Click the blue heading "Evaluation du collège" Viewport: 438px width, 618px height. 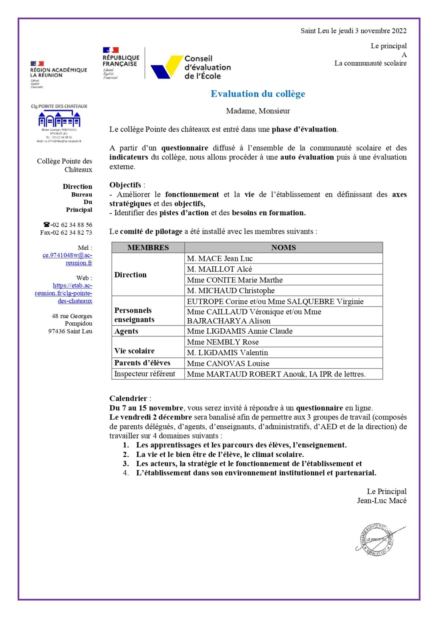click(257, 94)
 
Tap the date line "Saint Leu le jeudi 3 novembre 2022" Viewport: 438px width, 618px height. click(353, 31)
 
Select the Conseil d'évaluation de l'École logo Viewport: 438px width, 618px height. click(191, 67)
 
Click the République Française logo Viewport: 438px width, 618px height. click(120, 63)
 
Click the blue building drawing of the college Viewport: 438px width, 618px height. click(59, 119)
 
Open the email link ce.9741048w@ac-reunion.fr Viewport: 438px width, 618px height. click(67, 259)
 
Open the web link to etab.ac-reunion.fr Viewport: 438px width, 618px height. click(64, 293)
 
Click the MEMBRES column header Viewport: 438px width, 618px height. click(148, 247)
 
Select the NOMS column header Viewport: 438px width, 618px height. click(283, 247)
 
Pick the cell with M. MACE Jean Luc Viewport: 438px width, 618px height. click(220, 258)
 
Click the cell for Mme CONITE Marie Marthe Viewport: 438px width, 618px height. click(235, 280)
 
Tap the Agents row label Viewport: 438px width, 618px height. click(126, 331)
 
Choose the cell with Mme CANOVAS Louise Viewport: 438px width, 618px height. click(228, 363)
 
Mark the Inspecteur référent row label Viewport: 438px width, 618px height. click(145, 374)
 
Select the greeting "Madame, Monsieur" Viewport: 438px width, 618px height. click(257, 111)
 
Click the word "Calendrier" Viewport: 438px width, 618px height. click(128, 398)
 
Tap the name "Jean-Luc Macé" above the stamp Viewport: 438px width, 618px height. click(381, 501)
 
